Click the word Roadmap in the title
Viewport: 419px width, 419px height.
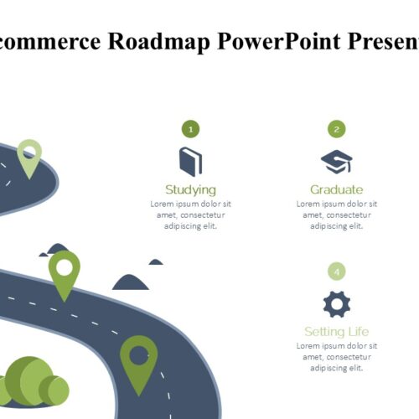pos(158,42)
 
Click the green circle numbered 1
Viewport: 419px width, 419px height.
pos(191,129)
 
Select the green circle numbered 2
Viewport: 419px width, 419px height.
pos(337,129)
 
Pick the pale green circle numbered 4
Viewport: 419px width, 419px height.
pos(337,272)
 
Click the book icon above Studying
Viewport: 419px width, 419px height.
pos(191,162)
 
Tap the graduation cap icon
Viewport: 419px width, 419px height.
pos(337,162)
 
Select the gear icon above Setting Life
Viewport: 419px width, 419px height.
pos(337,304)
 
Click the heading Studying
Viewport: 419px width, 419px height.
pos(191,190)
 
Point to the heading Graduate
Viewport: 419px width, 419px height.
pos(337,189)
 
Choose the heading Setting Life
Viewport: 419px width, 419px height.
pos(337,332)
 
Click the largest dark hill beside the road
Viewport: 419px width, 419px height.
pos(131,282)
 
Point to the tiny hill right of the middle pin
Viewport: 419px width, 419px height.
pos(156,262)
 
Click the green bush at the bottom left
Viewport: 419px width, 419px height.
pos(34,381)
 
